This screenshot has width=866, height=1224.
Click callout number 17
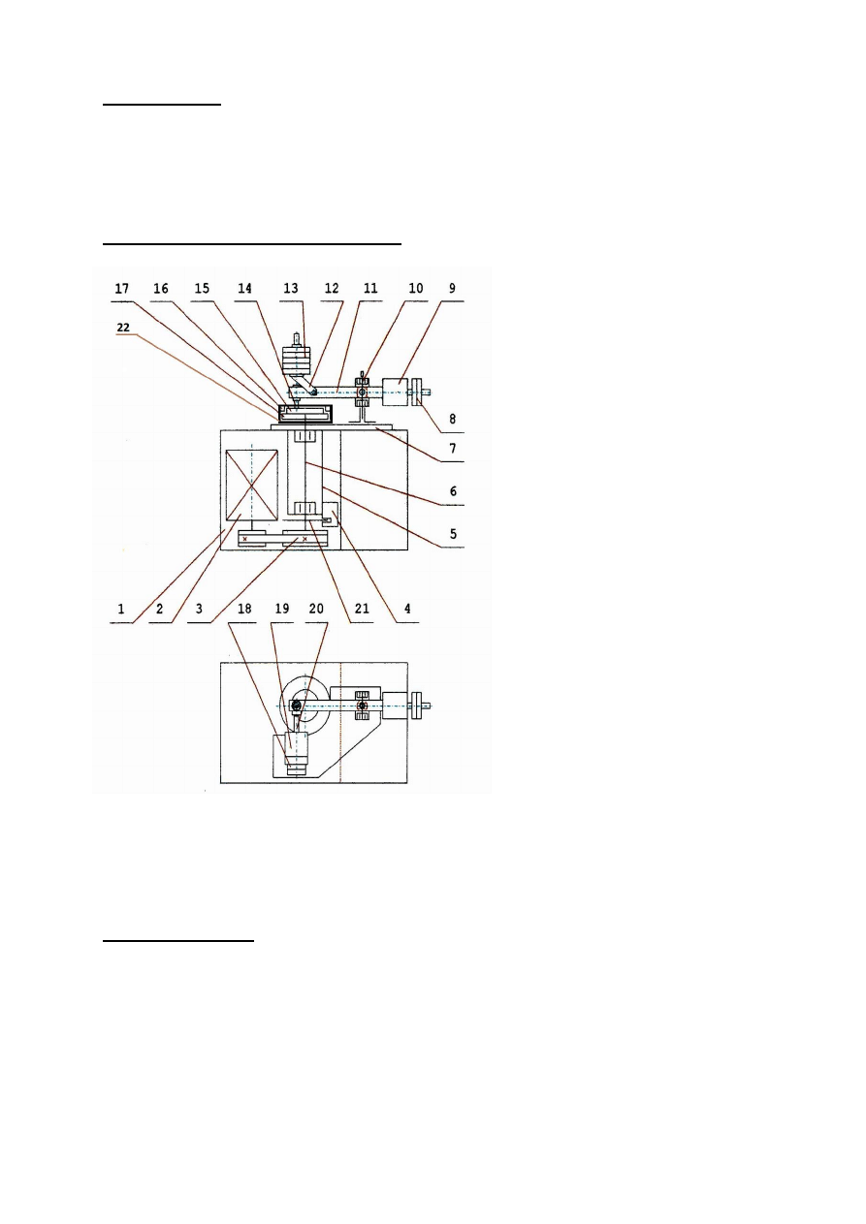(x=121, y=289)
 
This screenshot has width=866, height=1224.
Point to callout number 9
(x=454, y=289)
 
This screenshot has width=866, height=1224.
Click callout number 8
(x=455, y=423)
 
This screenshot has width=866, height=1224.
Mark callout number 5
(x=455, y=532)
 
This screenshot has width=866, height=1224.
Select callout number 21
(x=363, y=611)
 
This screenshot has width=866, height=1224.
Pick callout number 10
(x=416, y=289)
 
